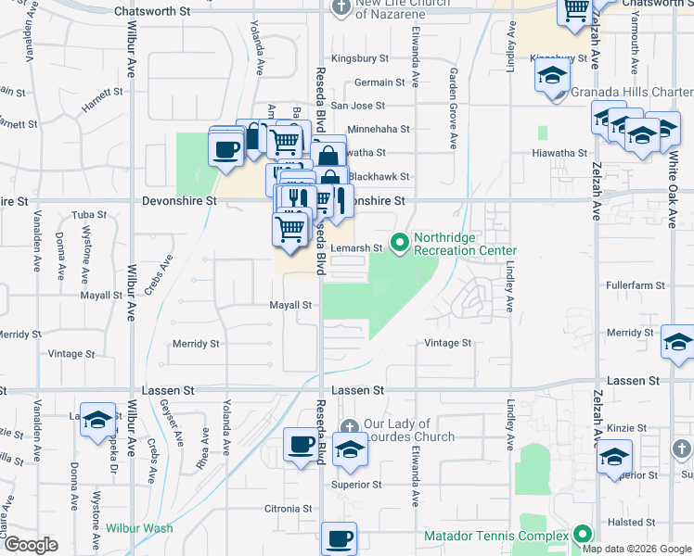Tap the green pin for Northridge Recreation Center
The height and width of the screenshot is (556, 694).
(401, 244)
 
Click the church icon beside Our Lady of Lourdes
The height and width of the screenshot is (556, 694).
(350, 426)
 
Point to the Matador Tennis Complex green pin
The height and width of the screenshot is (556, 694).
(582, 534)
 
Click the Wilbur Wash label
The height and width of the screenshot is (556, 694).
(139, 528)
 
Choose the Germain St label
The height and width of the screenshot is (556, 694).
(379, 82)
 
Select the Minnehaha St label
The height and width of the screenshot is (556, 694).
(379, 130)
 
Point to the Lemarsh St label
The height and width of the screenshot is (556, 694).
(358, 248)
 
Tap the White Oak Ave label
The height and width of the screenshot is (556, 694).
(673, 189)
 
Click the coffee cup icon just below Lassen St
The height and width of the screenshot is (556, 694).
(301, 447)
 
